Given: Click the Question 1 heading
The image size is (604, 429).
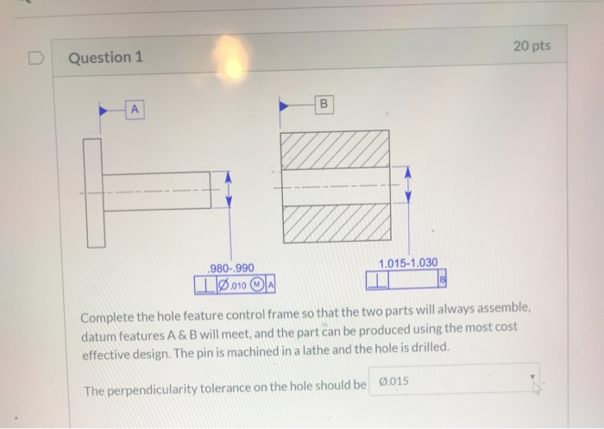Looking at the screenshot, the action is (105, 58).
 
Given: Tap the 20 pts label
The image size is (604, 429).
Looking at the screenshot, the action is (532, 46).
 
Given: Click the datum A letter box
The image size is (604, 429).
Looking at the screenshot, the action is (135, 110).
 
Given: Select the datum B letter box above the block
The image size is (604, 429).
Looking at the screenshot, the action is (324, 104).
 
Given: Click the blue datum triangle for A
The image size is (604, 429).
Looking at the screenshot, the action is (104, 111).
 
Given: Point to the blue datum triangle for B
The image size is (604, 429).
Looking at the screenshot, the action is (284, 105).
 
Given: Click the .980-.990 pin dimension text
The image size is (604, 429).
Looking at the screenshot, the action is (230, 268).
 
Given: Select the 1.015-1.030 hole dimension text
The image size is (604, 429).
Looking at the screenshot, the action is (408, 263).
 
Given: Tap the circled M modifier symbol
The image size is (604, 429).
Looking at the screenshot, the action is (256, 285).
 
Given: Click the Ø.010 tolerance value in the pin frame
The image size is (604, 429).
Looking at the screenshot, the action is (232, 285).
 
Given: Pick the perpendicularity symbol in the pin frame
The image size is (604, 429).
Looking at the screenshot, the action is (206, 285).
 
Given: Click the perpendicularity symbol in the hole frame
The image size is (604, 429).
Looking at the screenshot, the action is (378, 281).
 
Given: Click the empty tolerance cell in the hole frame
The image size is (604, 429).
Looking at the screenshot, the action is (413, 279).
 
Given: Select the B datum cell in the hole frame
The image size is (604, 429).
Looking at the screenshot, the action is (442, 278).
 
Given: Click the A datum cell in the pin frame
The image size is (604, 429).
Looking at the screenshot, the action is (270, 285).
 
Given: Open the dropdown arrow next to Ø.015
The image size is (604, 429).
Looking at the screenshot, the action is (532, 377).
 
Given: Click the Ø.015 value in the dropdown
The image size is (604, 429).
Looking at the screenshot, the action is (393, 382).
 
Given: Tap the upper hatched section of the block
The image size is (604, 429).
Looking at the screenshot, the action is (335, 149).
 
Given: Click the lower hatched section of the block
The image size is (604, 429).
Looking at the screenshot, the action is (337, 224).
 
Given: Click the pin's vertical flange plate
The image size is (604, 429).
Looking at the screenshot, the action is (95, 193).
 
